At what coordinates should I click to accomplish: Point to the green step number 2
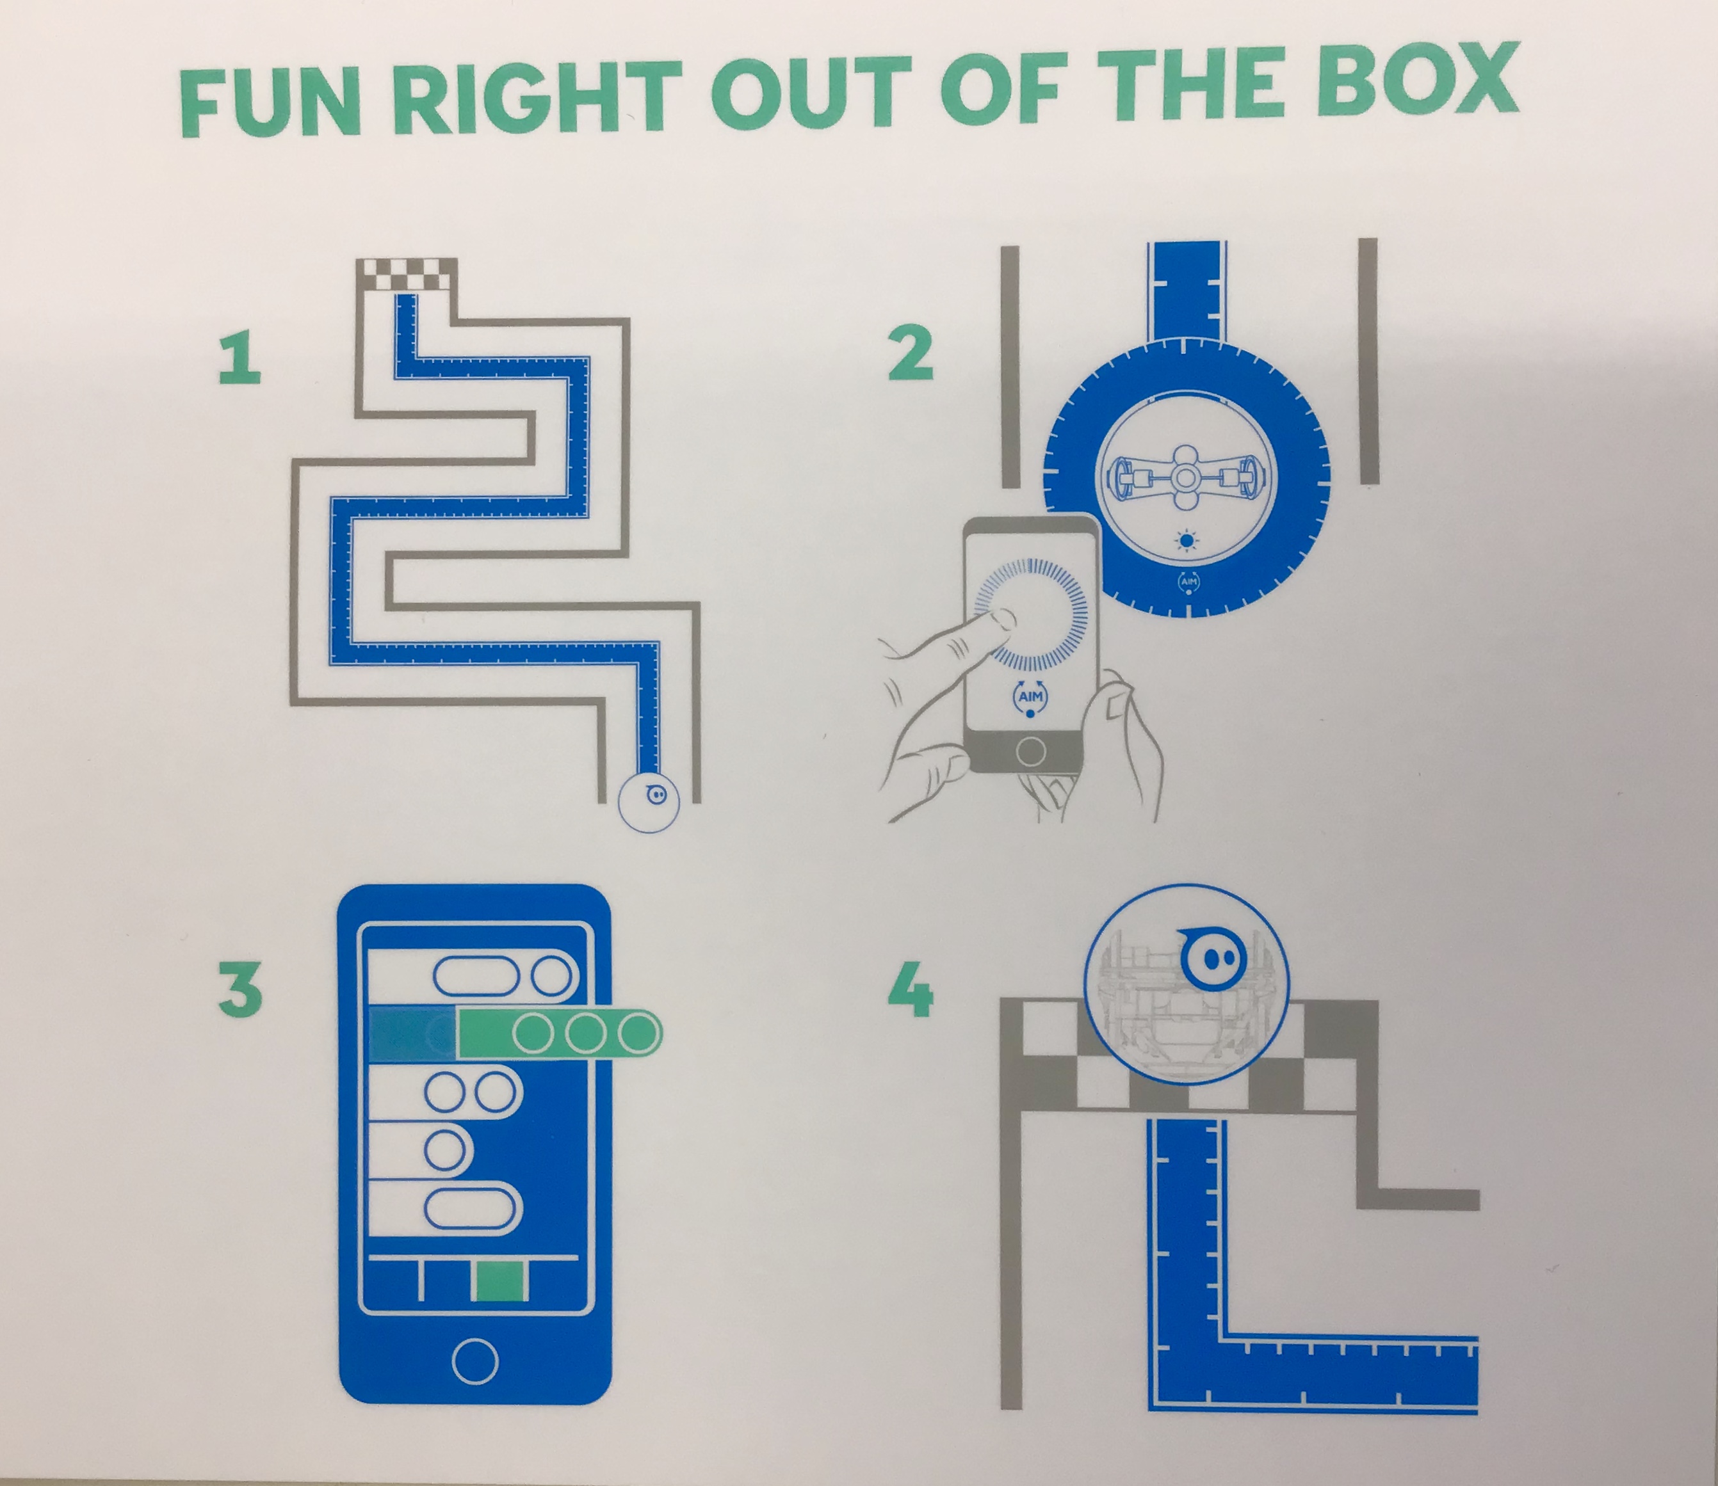910,355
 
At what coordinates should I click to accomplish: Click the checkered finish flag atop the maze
407,275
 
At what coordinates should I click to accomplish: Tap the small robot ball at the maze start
649,801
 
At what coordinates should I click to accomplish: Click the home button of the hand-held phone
1030,751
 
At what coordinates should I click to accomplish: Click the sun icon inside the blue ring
1188,541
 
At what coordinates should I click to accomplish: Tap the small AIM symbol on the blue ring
1188,582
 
